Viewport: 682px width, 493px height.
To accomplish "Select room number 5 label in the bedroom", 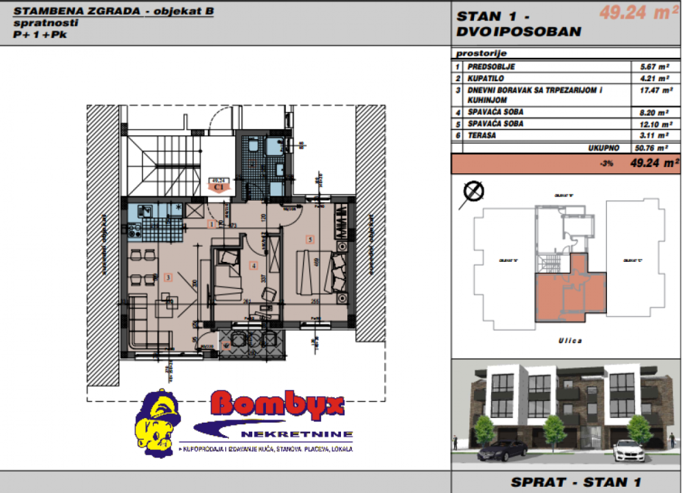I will coord(310,239).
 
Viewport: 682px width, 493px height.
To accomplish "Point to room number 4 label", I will coord(253,266).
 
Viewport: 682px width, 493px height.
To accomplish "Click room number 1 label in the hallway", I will coord(212,224).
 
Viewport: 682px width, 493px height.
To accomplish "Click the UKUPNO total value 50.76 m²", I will coord(651,147).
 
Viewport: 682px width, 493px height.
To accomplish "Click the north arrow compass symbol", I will coord(473,192).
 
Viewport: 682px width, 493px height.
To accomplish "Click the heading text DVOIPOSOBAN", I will coord(519,32).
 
